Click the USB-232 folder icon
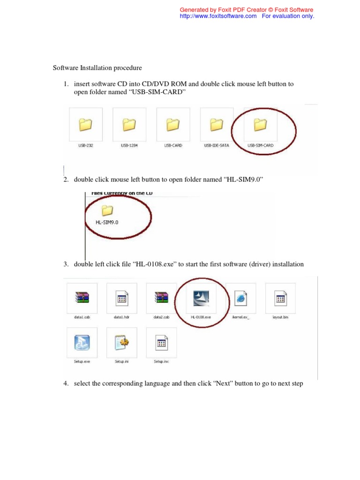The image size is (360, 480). [x=85, y=124]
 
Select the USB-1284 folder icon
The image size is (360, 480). [x=129, y=124]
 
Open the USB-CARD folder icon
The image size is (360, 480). [x=172, y=124]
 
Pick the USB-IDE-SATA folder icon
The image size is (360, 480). [x=216, y=124]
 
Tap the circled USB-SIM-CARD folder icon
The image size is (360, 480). [x=260, y=124]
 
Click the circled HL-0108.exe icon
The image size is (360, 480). [x=201, y=297]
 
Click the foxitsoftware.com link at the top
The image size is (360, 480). [x=218, y=16]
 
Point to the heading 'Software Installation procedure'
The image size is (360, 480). [x=97, y=68]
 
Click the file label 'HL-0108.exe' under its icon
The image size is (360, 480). [x=201, y=317]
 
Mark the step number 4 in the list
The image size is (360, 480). [x=65, y=384]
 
